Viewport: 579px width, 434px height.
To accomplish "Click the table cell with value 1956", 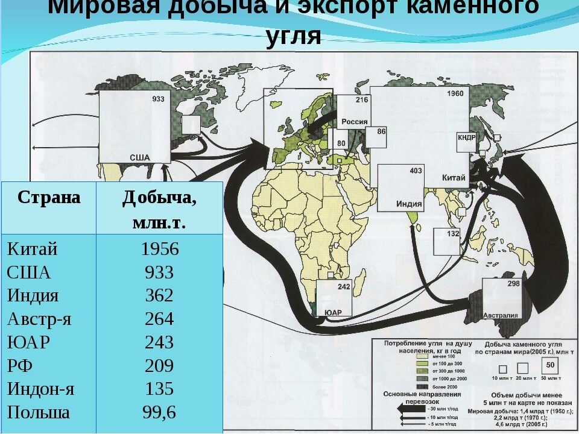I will (159, 250).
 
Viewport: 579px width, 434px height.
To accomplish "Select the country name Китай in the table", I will (32, 250).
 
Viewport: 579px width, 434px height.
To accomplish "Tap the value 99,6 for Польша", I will (159, 412).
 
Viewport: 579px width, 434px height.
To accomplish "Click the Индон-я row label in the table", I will (40, 389).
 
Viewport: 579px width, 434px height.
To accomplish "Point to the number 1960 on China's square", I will (455, 94).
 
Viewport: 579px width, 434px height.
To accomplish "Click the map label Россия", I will (355, 121).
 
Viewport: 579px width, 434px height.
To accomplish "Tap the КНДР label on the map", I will (467, 137).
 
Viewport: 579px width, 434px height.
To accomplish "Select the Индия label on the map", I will (408, 203).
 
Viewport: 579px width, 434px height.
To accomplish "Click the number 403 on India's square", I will (416, 171).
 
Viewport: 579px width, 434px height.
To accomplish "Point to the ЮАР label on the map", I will (333, 312).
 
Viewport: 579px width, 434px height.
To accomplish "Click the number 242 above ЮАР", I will (344, 287).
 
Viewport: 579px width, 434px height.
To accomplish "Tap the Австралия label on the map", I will (501, 315).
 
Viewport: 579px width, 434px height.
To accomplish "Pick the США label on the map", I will (140, 157).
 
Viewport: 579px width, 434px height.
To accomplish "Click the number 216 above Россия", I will (362, 100).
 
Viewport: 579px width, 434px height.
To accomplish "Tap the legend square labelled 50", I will (549, 365).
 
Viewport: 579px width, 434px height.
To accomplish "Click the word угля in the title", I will (294, 36).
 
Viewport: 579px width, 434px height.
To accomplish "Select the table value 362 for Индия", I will (159, 296).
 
